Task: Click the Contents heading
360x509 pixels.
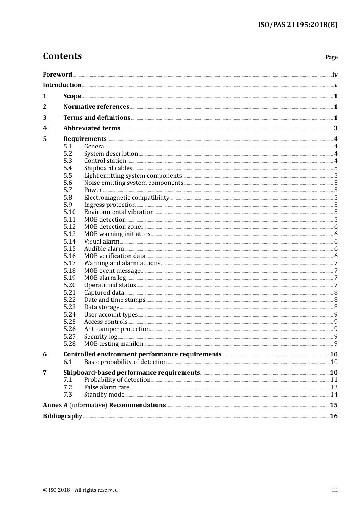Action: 62,56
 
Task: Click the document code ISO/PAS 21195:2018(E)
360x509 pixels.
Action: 297,25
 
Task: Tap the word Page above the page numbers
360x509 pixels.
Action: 331,57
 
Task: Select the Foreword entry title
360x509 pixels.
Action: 57,75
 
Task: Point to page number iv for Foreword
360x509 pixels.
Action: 335,75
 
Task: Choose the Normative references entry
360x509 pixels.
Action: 96,107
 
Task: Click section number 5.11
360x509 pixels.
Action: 69,220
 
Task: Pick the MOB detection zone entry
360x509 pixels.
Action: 112,227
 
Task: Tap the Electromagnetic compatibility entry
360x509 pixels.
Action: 127,198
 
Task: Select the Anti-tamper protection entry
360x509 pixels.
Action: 117,329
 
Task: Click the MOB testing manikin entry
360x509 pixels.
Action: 114,344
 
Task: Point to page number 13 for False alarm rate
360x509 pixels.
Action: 334,387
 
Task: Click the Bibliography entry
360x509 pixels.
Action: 63,416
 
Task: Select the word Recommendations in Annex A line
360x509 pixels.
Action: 137,405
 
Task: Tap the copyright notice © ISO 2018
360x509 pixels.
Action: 80,490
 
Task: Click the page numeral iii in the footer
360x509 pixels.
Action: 335,490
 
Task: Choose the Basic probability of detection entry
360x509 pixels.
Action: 125,362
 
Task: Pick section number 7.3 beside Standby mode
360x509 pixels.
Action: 68,395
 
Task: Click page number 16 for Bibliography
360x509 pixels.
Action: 333,416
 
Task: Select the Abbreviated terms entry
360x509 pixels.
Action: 92,128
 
